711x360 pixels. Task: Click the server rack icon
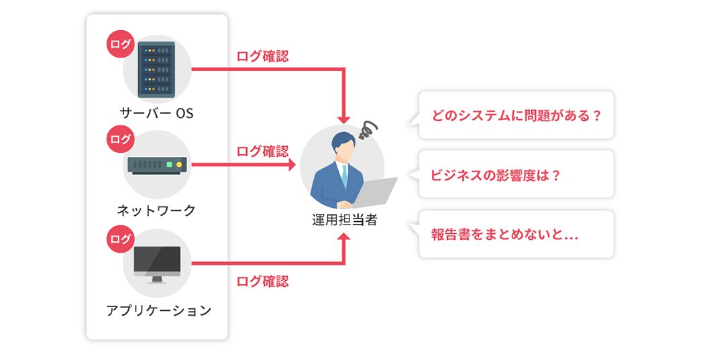pyautogui.click(x=156, y=70)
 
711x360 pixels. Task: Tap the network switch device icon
pyautogui.click(x=157, y=165)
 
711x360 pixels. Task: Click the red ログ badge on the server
pyautogui.click(x=121, y=44)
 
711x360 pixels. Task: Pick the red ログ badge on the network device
pyautogui.click(x=121, y=139)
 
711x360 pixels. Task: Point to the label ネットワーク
pyautogui.click(x=156, y=211)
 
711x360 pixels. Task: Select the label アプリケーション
pyautogui.click(x=158, y=310)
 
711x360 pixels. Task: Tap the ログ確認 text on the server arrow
pyautogui.click(x=263, y=56)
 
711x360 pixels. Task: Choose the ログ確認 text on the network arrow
pyautogui.click(x=263, y=151)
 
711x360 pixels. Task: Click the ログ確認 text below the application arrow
pyautogui.click(x=263, y=282)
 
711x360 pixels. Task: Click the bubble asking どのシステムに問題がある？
pyautogui.click(x=515, y=115)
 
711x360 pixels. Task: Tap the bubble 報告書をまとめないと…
pyautogui.click(x=515, y=235)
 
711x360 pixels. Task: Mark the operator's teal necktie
pyautogui.click(x=344, y=176)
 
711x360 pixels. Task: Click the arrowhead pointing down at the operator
pyautogui.click(x=343, y=119)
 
